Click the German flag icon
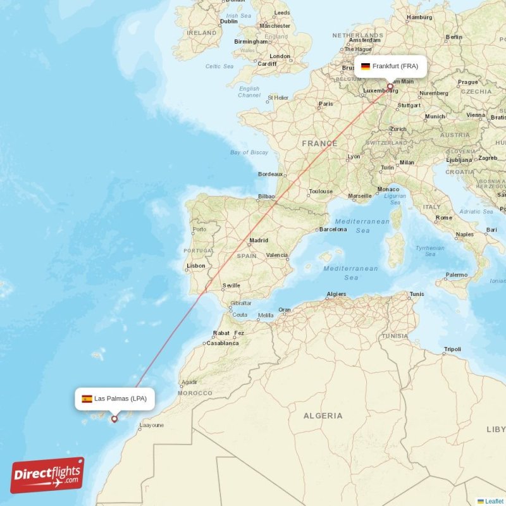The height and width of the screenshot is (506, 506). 366,66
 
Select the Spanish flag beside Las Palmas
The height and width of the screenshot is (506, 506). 87,398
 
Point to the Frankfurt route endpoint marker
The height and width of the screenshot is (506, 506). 390,87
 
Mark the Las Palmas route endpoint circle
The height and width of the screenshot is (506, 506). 114,418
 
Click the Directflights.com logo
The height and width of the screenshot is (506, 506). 47,475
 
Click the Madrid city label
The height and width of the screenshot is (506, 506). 259,240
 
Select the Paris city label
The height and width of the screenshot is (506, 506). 326,104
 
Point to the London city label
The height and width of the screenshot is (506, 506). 280,56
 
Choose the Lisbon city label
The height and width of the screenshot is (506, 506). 196,266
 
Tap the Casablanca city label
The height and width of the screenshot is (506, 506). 223,343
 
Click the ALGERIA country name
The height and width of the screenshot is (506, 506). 323,416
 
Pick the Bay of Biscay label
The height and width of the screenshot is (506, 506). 249,152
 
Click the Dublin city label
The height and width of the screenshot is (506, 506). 228,21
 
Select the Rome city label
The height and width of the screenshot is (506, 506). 444,218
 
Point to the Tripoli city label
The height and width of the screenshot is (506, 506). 452,349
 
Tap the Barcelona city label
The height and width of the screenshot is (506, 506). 333,230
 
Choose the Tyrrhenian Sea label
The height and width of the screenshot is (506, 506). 430,251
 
